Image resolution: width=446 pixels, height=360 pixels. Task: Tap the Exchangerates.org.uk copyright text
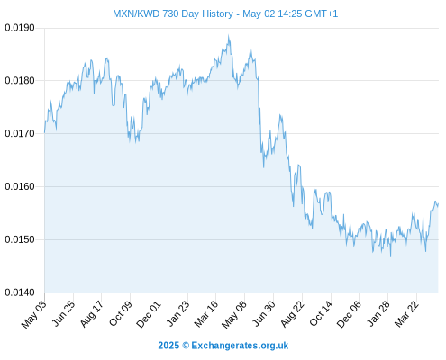(223, 346)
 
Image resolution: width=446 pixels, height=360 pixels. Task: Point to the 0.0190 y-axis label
(20, 28)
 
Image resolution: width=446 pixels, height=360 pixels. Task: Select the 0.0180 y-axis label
(20, 81)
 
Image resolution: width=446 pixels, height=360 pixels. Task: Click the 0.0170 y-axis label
(20, 133)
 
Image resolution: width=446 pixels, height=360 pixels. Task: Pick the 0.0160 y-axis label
(20, 186)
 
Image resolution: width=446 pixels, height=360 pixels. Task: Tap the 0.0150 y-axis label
(20, 239)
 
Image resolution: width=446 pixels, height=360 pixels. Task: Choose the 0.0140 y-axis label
(20, 292)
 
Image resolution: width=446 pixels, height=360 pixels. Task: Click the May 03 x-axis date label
(34, 314)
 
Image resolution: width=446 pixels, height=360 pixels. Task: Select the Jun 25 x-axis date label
(63, 313)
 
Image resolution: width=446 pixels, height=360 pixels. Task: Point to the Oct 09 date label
(120, 313)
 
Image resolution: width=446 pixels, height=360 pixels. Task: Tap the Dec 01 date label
(148, 314)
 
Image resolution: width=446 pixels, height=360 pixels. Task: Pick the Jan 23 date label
(177, 313)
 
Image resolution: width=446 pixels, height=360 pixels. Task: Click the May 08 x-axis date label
(234, 314)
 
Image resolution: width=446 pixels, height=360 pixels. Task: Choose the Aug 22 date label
(292, 313)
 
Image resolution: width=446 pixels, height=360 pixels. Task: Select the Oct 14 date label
(321, 313)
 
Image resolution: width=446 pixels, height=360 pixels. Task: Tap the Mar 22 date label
(406, 313)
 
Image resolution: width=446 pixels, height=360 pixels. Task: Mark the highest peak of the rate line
(229, 35)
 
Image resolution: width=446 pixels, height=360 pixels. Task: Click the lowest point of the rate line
(390, 256)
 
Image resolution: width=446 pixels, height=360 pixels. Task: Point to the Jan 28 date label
(378, 313)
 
